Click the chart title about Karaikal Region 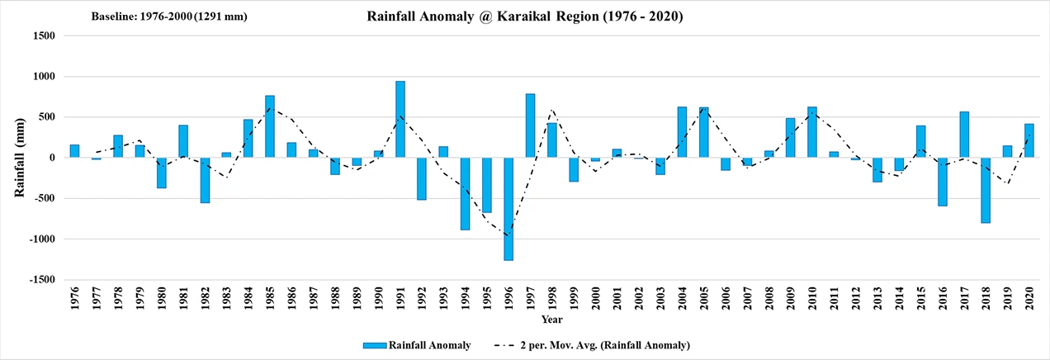pos(524,17)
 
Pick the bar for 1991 pos(400,120)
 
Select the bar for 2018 pos(986,190)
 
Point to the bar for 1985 pos(270,126)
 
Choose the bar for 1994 pos(465,193)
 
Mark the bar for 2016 pos(942,182)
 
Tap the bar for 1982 pos(205,180)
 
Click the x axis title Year pos(552,319)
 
